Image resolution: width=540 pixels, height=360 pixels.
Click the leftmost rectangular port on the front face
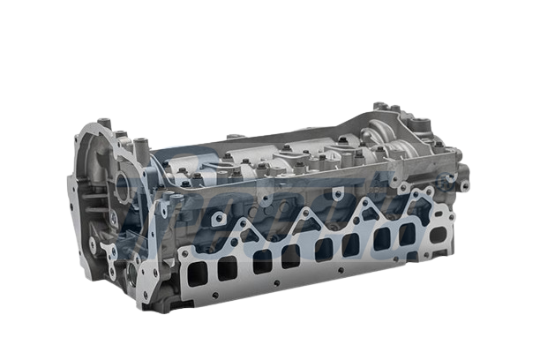[x=197, y=274]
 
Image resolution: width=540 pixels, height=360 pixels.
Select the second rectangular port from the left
[x=227, y=268]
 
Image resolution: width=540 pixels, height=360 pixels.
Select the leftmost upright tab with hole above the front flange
[x=165, y=208]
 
